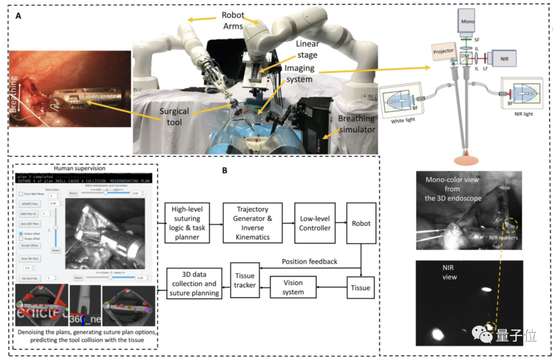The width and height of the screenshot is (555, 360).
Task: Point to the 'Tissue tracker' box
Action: coord(244,280)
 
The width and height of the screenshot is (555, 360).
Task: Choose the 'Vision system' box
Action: coord(293,287)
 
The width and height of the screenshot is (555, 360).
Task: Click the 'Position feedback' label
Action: coord(309,262)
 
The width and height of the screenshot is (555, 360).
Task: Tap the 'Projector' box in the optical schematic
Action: coord(443,51)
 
